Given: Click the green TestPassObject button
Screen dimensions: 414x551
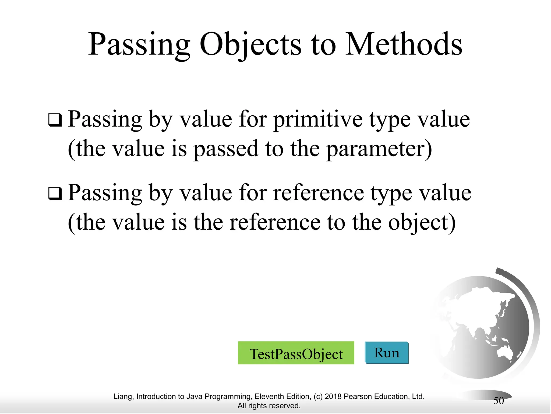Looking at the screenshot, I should pyautogui.click(x=296, y=353).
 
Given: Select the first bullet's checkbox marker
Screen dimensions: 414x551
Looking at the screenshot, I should pyautogui.click(x=55, y=120).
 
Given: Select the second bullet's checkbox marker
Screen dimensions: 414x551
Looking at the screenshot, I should pyautogui.click(x=55, y=194).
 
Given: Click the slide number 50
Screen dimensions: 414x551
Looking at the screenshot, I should pyautogui.click(x=499, y=401).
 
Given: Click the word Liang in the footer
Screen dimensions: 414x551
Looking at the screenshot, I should pyautogui.click(x=122, y=396).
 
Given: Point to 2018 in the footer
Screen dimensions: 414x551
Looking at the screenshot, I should pyautogui.click(x=333, y=396).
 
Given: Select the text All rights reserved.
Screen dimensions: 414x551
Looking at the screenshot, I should pyautogui.click(x=269, y=406).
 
